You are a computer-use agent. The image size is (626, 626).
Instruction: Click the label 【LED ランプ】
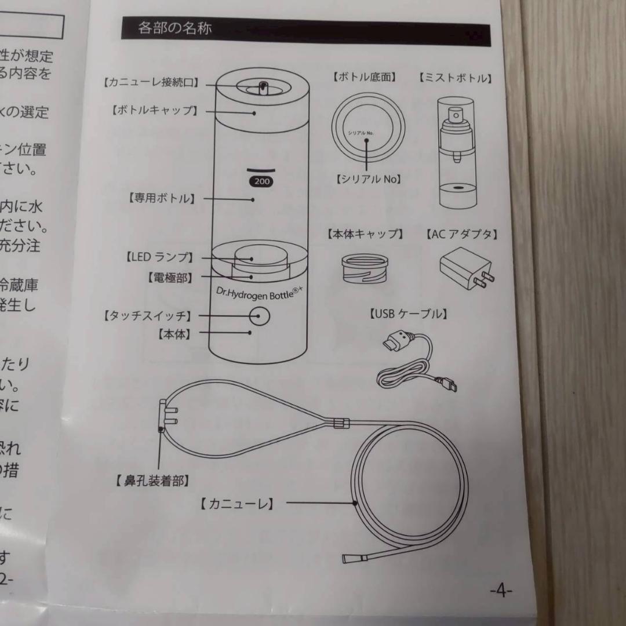159,257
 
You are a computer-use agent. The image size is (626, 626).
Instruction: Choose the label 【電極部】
169,277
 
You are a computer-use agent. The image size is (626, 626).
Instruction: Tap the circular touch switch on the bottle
260,317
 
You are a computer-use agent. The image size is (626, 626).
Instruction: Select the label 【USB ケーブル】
407,314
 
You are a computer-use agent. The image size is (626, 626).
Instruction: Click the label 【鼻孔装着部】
151,481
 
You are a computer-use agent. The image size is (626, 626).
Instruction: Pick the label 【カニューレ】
236,504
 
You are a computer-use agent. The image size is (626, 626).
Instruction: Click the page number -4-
501,591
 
